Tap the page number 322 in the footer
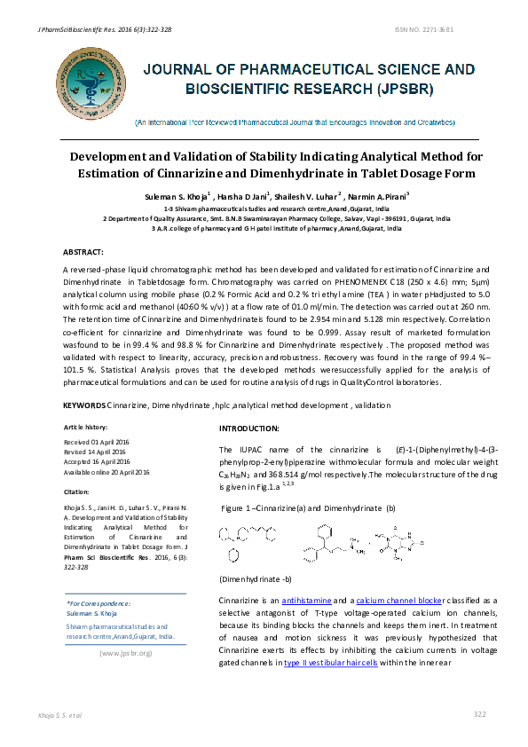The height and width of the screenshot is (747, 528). (480, 714)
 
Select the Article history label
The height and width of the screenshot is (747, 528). (85, 428)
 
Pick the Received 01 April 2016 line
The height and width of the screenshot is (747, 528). (97, 442)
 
